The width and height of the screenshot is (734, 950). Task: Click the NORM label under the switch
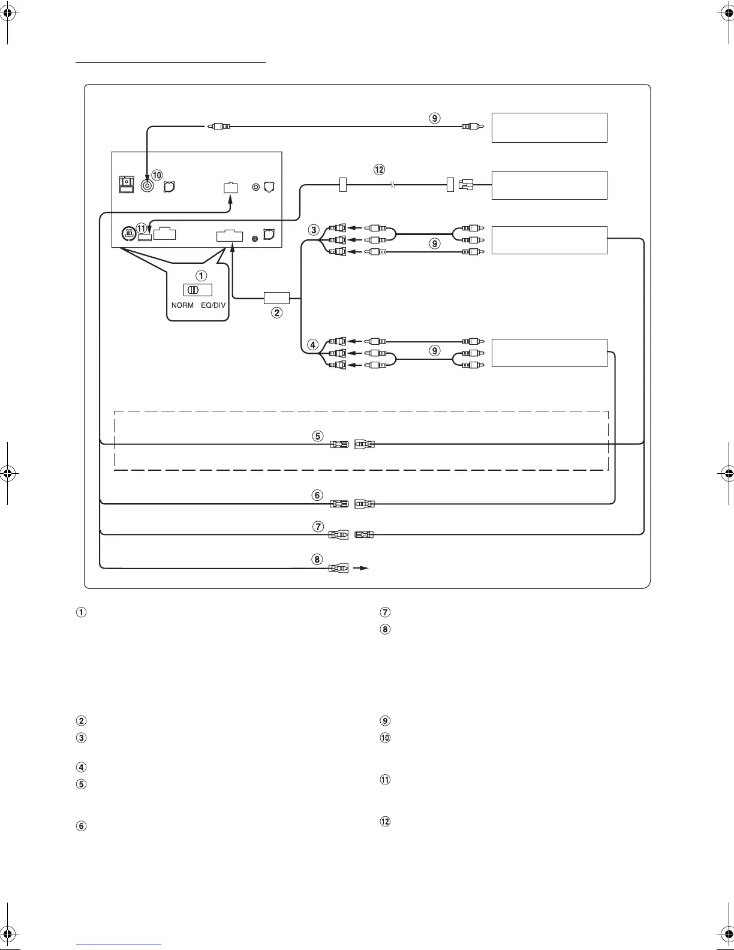pyautogui.click(x=182, y=305)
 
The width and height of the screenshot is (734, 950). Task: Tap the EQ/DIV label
pyautogui.click(x=213, y=305)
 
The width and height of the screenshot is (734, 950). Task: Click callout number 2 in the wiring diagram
pyautogui.click(x=276, y=312)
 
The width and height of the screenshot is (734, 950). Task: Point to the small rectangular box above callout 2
pyautogui.click(x=276, y=297)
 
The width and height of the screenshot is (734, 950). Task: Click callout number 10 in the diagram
pyautogui.click(x=157, y=175)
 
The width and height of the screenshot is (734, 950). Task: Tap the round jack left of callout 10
pyautogui.click(x=146, y=185)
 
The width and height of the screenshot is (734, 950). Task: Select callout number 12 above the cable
pyautogui.click(x=379, y=170)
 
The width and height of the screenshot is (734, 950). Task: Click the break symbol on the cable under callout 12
pyautogui.click(x=393, y=186)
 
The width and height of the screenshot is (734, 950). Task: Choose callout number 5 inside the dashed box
pyautogui.click(x=318, y=436)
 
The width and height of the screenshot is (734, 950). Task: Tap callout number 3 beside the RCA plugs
pyautogui.click(x=313, y=230)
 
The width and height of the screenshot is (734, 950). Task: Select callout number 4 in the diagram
pyautogui.click(x=312, y=345)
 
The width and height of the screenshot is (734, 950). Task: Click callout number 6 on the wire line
pyautogui.click(x=318, y=495)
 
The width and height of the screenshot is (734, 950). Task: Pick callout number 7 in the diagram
pyautogui.click(x=318, y=527)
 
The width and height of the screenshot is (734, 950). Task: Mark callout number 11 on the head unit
pyautogui.click(x=141, y=228)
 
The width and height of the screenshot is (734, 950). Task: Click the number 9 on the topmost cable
pyautogui.click(x=435, y=118)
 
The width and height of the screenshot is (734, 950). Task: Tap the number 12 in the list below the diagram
pyautogui.click(x=386, y=822)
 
